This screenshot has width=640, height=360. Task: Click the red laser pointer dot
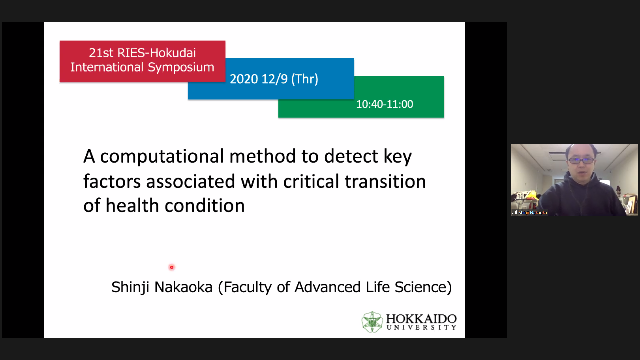pyautogui.click(x=172, y=267)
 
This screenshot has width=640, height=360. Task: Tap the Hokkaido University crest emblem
pyautogui.click(x=372, y=322)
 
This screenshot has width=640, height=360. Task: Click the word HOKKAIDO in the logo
pyautogui.click(x=421, y=319)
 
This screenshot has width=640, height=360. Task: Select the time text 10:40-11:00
pyautogui.click(x=385, y=104)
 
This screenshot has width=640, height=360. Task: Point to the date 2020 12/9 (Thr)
pyautogui.click(x=274, y=79)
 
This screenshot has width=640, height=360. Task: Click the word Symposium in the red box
pyautogui.click(x=181, y=67)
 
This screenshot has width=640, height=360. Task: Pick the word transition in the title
pyautogui.click(x=385, y=181)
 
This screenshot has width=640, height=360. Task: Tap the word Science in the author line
pyautogui.click(x=421, y=287)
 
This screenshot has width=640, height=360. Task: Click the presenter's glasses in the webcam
pyautogui.click(x=581, y=160)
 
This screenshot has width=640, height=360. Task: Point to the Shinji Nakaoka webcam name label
pyautogui.click(x=533, y=212)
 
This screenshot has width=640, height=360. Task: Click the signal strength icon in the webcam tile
pyautogui.click(x=515, y=212)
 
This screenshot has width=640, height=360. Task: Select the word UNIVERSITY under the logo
pyautogui.click(x=421, y=327)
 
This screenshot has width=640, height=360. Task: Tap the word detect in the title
pyautogui.click(x=351, y=156)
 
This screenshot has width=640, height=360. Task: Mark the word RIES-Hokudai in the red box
pyautogui.click(x=157, y=53)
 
